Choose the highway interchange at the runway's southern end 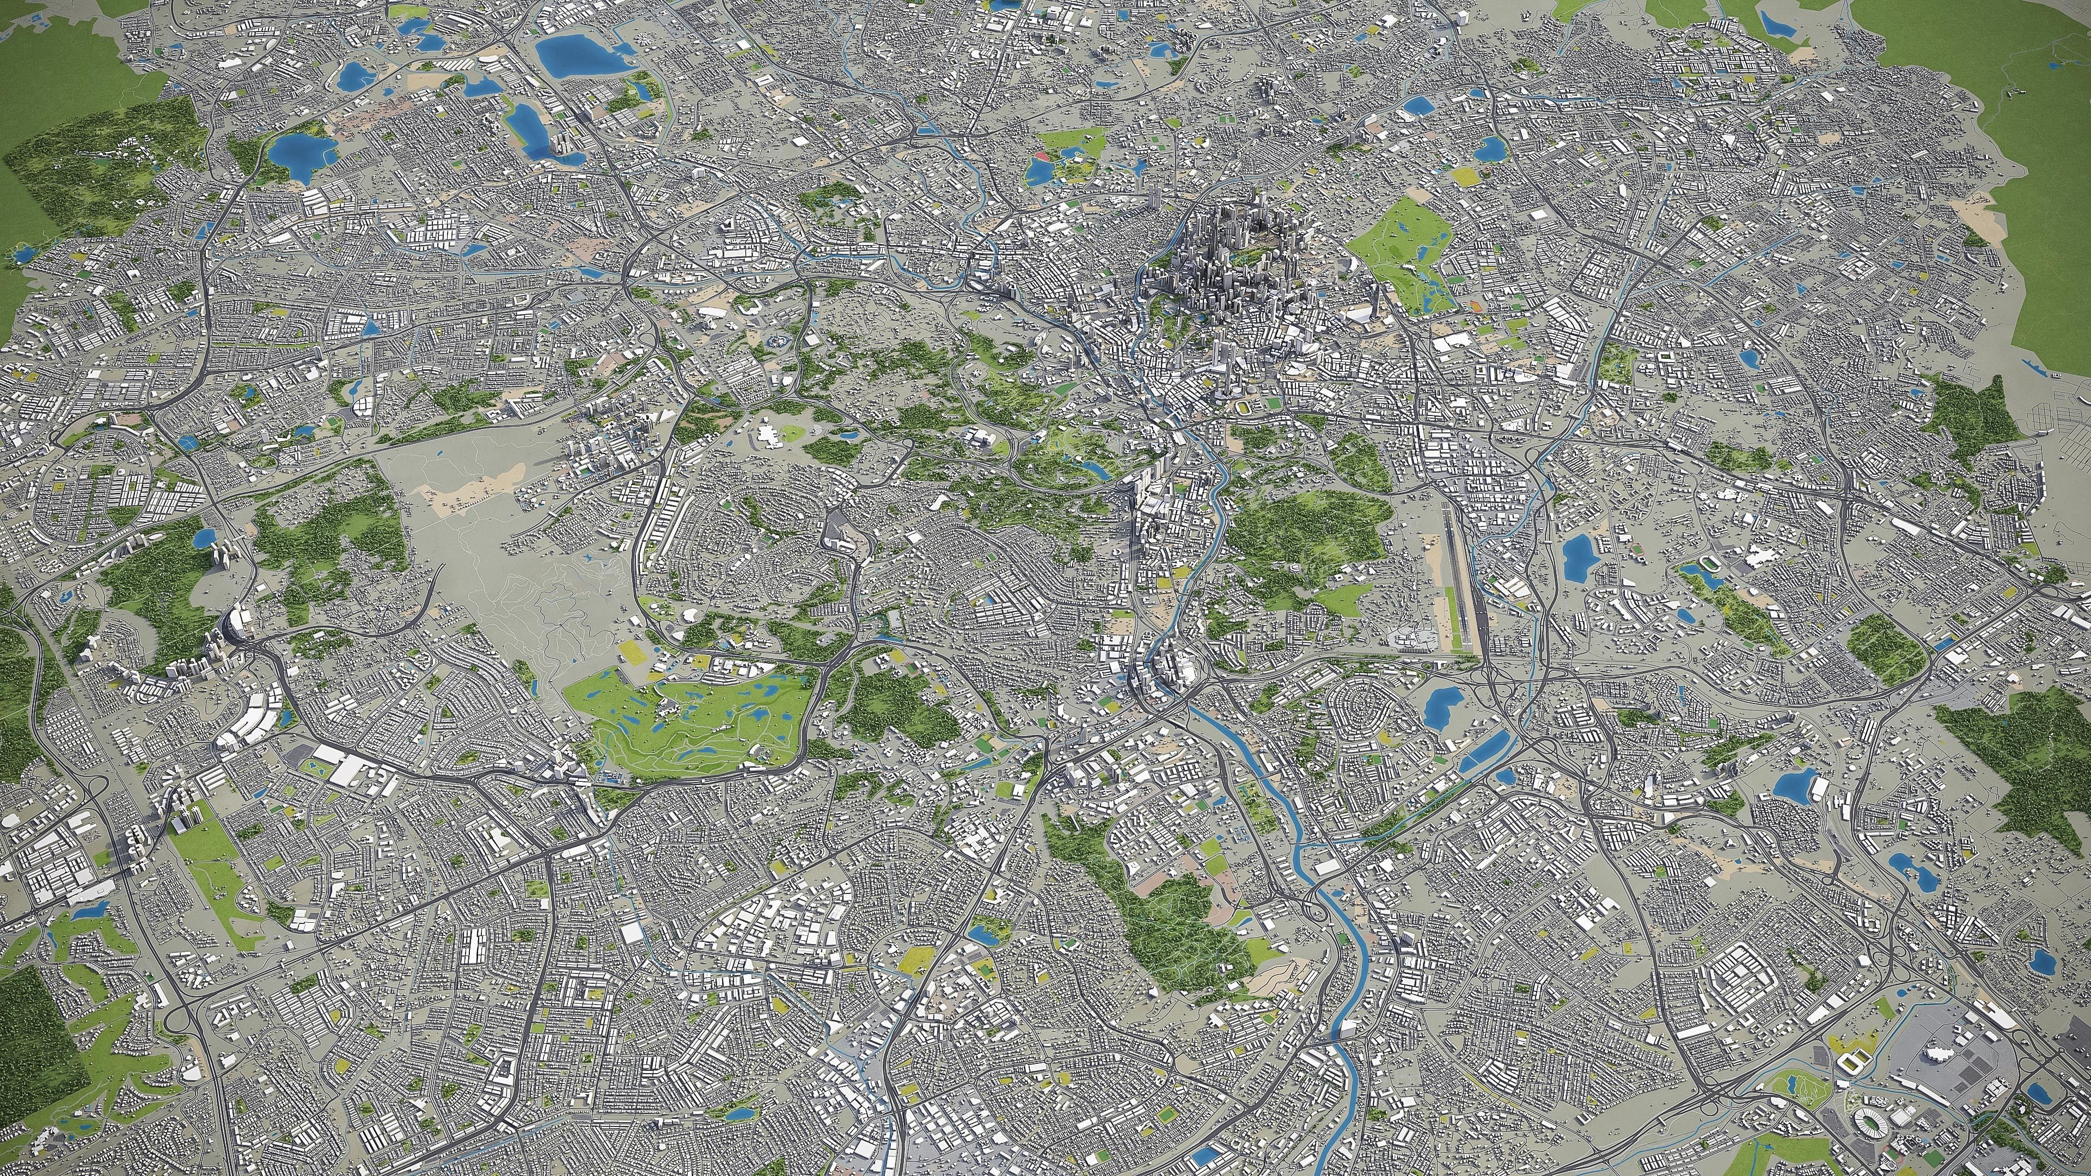[x=1494, y=682]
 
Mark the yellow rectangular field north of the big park [x=1466, y=175]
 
